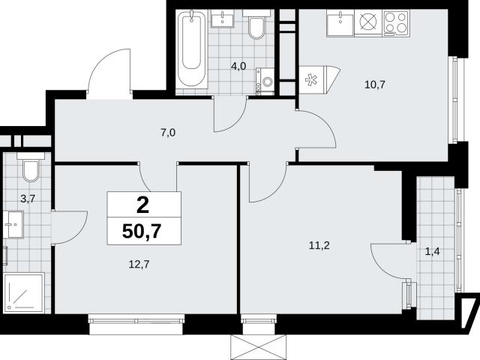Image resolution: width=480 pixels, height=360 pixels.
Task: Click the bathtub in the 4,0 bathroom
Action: [x=192, y=49]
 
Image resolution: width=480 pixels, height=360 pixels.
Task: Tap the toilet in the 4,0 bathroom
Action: [x=256, y=25]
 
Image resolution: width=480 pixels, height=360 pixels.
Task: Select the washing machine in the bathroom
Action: [x=265, y=81]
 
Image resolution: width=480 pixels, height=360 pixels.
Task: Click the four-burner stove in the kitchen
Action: [x=397, y=23]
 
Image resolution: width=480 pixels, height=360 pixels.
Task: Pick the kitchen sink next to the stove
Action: [x=340, y=23]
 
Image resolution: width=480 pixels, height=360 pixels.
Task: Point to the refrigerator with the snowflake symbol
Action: [x=319, y=80]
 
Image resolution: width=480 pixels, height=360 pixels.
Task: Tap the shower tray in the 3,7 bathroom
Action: [x=23, y=292]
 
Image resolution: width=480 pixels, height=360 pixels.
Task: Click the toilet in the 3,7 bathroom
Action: [x=31, y=167]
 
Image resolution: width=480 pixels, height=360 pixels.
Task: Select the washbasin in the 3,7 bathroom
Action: [x=13, y=224]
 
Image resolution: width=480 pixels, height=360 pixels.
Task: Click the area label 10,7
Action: [x=375, y=85]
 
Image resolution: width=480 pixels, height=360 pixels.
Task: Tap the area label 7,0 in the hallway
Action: [x=168, y=133]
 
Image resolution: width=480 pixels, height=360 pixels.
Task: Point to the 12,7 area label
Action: [x=139, y=264]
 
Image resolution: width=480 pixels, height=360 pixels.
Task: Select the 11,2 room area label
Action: [x=319, y=245]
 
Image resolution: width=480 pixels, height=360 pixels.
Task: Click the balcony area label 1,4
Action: [x=433, y=252]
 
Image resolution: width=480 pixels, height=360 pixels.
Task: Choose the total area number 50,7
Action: [x=142, y=231]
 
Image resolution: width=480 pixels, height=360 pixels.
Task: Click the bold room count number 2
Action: [x=142, y=205]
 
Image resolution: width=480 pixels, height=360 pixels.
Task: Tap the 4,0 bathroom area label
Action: [x=238, y=66]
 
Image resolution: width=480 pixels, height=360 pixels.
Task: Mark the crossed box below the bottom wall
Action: [x=258, y=347]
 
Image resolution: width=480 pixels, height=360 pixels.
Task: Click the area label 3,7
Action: [x=28, y=199]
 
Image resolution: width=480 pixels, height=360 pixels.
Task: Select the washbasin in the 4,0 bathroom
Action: [x=223, y=19]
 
